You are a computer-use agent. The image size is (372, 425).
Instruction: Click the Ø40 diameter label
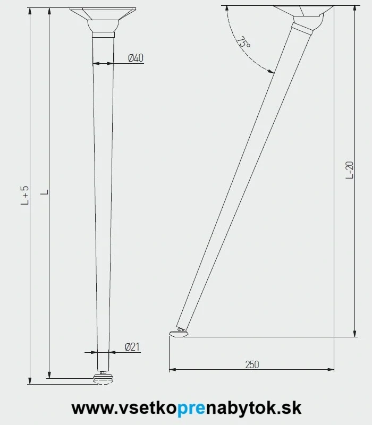(136, 58)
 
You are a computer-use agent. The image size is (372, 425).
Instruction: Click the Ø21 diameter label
(132, 347)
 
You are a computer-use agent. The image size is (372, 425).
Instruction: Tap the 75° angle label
(243, 43)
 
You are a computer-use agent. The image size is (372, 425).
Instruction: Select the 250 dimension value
(252, 364)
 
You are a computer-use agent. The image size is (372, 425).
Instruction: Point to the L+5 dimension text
(25, 195)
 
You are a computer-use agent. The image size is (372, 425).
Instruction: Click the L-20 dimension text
(349, 169)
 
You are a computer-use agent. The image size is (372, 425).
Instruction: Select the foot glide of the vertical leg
(103, 378)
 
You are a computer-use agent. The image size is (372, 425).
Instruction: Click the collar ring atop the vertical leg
(103, 35)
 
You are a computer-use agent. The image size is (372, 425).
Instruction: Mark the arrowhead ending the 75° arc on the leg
(272, 71)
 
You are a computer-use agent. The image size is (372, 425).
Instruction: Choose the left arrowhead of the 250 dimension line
(172, 369)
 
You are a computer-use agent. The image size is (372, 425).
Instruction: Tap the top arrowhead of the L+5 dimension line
(30, 11)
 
